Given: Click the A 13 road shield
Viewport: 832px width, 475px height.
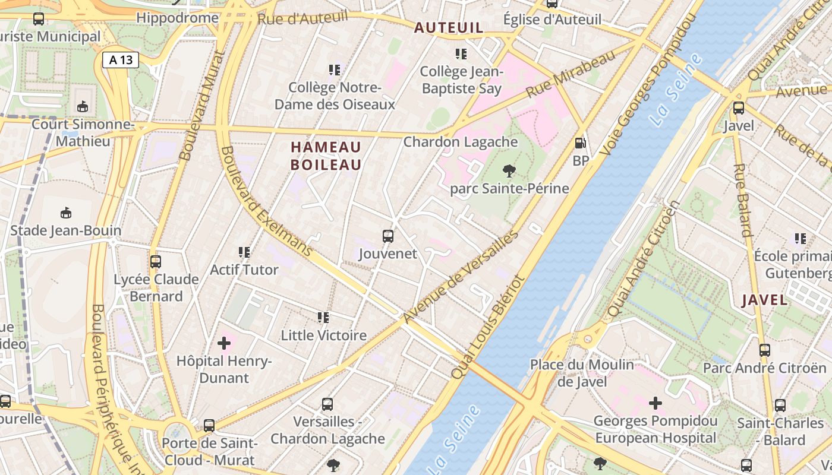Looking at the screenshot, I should click(121, 59).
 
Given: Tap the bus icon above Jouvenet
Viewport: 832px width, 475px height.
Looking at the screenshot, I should click(388, 236).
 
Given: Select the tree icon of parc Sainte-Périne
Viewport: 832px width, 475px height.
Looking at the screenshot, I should click(509, 172).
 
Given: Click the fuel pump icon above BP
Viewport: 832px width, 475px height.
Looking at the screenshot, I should click(580, 143).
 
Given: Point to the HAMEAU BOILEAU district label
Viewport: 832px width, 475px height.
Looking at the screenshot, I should click(326, 156).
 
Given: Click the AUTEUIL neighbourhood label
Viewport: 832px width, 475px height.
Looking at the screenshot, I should click(449, 27).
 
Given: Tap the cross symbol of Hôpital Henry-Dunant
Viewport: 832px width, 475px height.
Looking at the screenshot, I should click(224, 343).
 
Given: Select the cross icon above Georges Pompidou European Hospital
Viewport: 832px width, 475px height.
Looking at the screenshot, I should click(655, 403).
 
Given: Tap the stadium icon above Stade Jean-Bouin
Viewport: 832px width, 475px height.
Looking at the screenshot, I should click(66, 213).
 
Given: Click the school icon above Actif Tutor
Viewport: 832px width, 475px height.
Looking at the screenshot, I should click(244, 252).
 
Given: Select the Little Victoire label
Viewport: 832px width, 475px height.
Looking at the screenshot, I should click(324, 335).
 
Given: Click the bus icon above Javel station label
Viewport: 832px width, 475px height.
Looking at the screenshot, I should click(739, 108).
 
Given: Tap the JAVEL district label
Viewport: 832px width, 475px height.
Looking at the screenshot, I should click(765, 300).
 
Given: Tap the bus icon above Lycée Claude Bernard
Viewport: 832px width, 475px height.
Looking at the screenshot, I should click(156, 261).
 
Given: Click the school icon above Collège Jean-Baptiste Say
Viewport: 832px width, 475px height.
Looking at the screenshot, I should click(461, 54).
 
